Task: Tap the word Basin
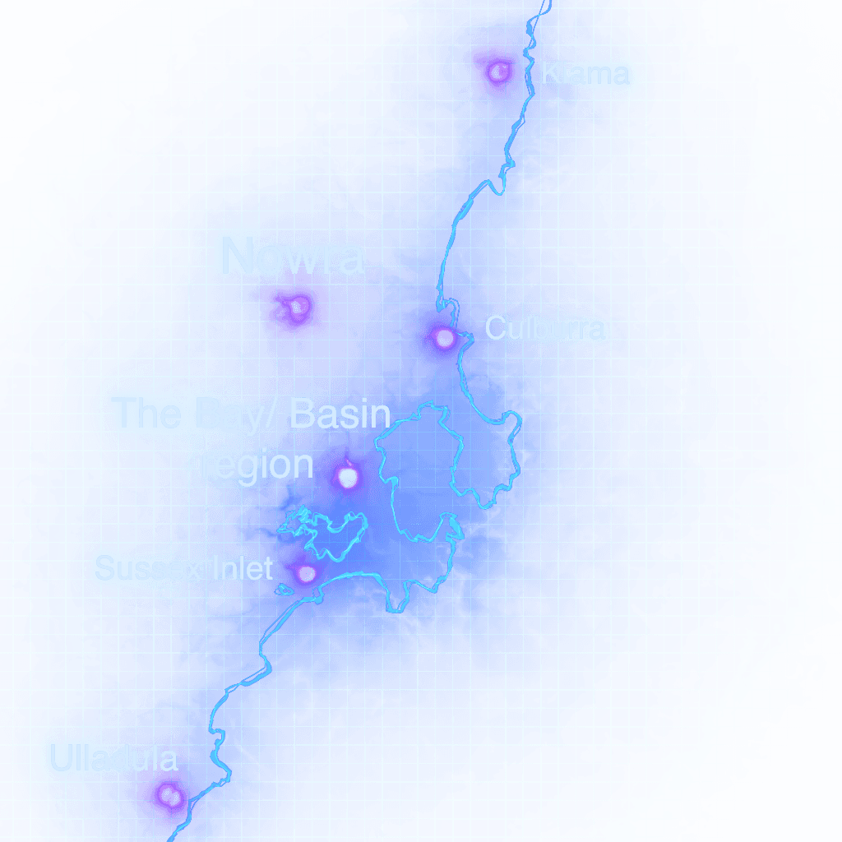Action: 340,413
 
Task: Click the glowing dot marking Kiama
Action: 497,72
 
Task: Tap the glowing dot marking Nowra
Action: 298,308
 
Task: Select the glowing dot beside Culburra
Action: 444,337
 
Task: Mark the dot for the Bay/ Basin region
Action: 347,476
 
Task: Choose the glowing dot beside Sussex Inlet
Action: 307,573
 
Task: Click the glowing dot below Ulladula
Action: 169,795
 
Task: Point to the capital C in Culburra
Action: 494,329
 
